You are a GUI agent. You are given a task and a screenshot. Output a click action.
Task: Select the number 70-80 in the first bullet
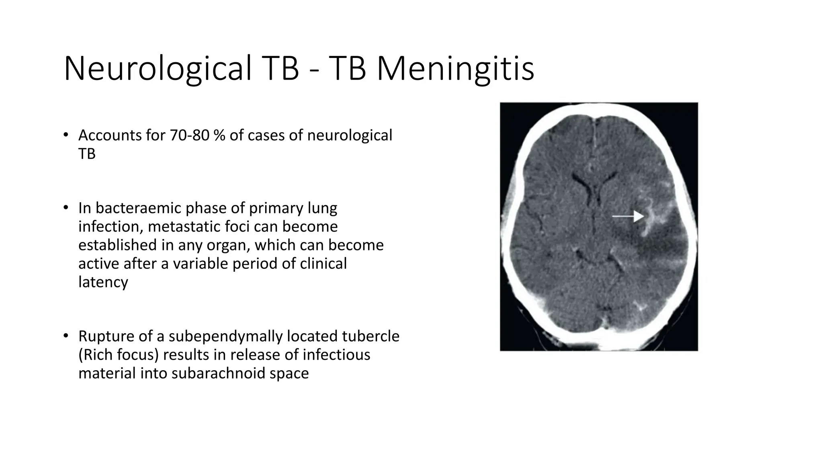click(189, 135)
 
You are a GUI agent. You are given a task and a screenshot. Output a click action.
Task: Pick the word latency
click(103, 282)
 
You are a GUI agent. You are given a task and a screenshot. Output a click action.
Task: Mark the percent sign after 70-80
click(219, 135)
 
